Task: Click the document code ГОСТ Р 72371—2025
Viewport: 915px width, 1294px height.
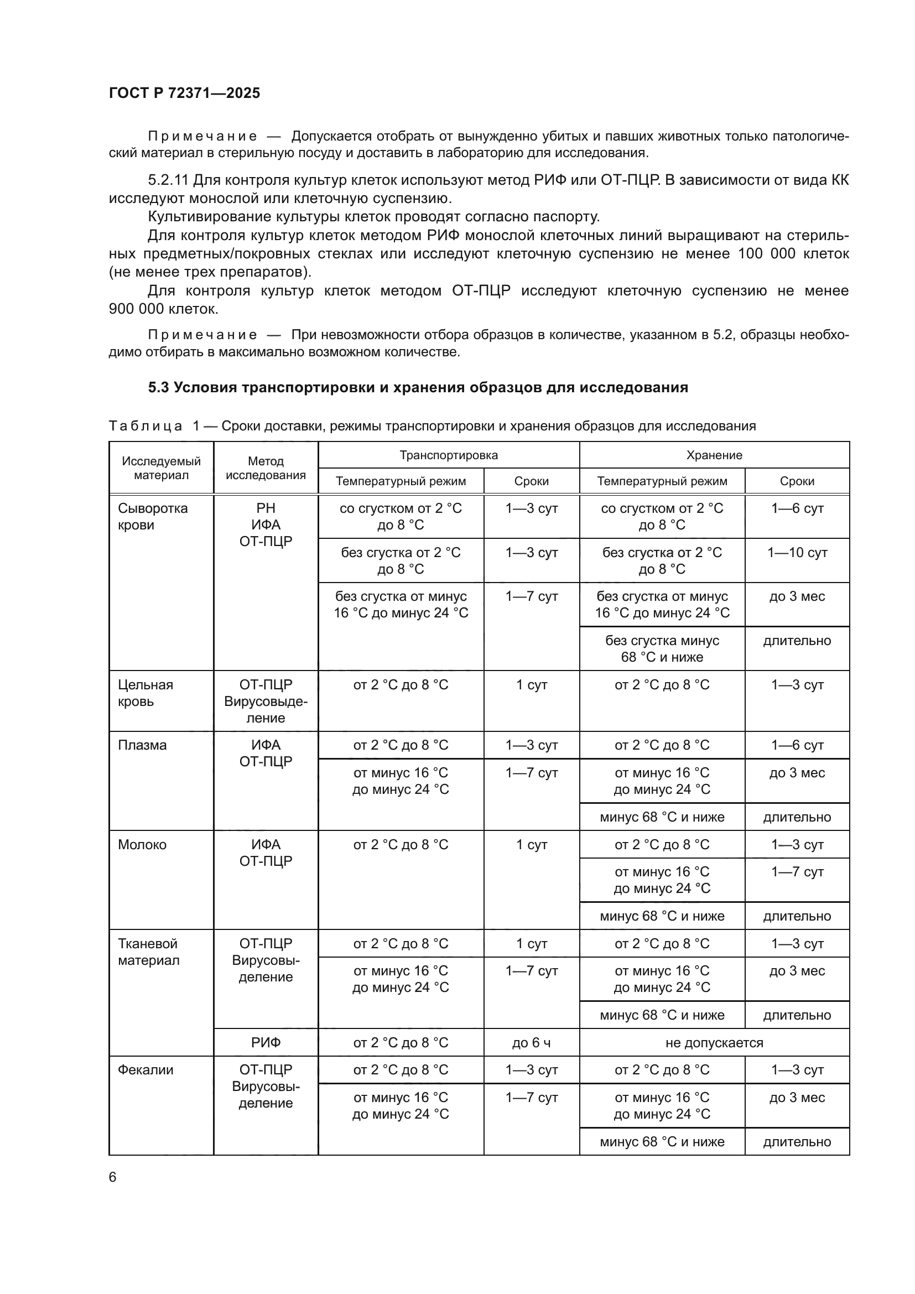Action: (x=184, y=93)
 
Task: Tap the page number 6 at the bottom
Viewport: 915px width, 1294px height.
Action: (x=113, y=1177)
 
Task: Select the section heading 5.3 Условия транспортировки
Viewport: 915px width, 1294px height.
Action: (x=418, y=387)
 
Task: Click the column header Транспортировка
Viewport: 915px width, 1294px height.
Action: (x=449, y=455)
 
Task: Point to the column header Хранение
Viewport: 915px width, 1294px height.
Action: (x=714, y=455)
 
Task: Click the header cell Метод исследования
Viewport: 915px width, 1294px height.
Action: (x=266, y=468)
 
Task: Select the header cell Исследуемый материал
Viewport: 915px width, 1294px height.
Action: (x=161, y=468)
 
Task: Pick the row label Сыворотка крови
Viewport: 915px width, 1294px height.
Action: (x=152, y=516)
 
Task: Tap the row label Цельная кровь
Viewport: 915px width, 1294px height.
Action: (x=145, y=693)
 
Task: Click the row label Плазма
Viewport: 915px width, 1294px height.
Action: (x=142, y=745)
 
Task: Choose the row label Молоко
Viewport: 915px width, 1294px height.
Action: (x=142, y=844)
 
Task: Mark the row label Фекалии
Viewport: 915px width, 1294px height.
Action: (x=145, y=1070)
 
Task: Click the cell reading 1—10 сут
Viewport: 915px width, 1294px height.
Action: (x=797, y=552)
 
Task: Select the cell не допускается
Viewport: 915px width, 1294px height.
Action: (x=714, y=1043)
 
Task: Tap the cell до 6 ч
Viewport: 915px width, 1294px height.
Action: (x=531, y=1043)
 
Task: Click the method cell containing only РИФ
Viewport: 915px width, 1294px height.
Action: (x=266, y=1043)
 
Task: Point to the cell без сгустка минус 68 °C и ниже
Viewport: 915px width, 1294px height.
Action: (x=662, y=649)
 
